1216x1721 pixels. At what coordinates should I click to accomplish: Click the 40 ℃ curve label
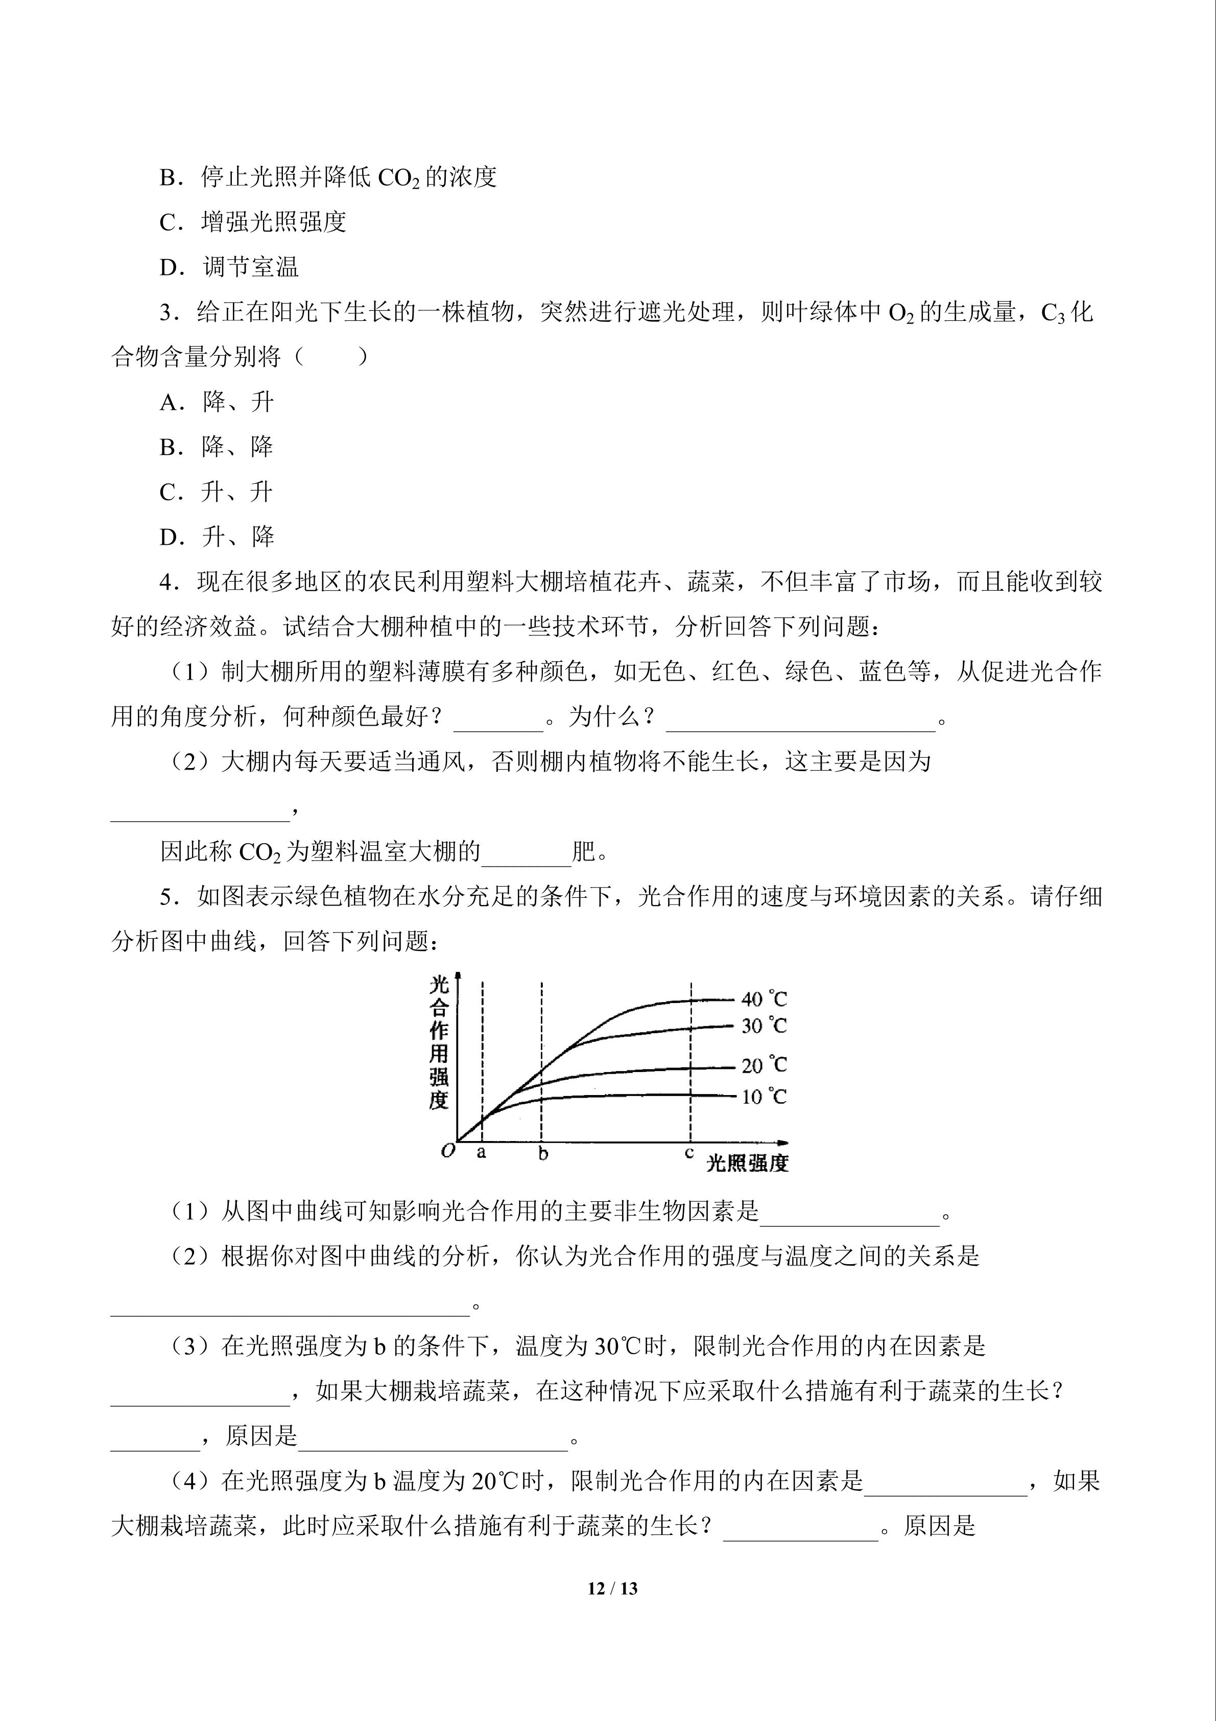click(x=764, y=999)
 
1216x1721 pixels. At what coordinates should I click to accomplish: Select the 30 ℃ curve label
click(x=764, y=1026)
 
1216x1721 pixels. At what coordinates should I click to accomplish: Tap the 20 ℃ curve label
click(x=764, y=1065)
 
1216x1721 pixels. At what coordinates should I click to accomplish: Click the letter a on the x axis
click(x=481, y=1153)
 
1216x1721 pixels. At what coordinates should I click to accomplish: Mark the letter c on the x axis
click(x=689, y=1153)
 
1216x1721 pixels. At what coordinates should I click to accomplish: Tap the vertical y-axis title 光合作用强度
click(x=439, y=1042)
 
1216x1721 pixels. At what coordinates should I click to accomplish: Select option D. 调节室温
click(x=229, y=267)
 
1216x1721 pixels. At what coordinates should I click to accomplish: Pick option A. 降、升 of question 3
click(x=217, y=403)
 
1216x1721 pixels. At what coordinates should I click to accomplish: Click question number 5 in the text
click(x=166, y=897)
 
